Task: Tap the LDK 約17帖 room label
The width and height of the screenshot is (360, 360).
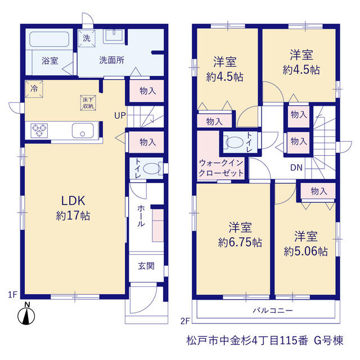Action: (x=73, y=208)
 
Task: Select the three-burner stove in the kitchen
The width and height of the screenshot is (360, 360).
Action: (x=39, y=130)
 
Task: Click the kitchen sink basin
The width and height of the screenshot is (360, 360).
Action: (x=83, y=130)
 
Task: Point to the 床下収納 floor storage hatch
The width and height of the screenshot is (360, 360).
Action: (x=88, y=103)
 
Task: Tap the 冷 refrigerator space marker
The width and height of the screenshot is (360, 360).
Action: (x=34, y=89)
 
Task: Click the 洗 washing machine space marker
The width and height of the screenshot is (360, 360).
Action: (x=87, y=38)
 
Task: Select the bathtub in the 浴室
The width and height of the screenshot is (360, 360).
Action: (x=49, y=39)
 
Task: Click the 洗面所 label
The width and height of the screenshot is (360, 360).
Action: (x=112, y=60)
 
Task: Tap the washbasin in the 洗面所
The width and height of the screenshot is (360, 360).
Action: (x=114, y=36)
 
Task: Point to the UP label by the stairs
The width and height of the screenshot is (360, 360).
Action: (x=120, y=115)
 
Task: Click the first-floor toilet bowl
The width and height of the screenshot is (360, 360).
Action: (x=151, y=169)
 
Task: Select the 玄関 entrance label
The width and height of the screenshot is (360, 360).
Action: (x=146, y=266)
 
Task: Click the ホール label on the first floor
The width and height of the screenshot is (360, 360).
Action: (x=141, y=216)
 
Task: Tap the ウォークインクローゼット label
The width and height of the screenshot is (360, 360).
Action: (x=221, y=168)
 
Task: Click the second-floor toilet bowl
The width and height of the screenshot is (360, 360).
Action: (x=235, y=142)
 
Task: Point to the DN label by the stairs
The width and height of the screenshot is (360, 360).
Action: (x=296, y=168)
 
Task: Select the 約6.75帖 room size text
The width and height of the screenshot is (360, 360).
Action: (x=240, y=242)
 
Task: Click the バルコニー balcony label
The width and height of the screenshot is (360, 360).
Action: (x=273, y=310)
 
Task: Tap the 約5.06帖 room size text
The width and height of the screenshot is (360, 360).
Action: (x=306, y=251)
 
